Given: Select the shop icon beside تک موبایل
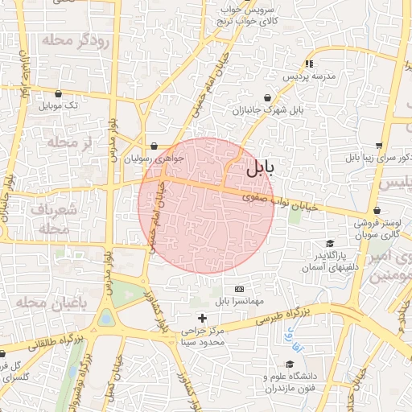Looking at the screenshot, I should tap(59, 94).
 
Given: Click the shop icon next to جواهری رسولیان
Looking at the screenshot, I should tap(154, 146).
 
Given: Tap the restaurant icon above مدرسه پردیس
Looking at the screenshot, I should tap(308, 63).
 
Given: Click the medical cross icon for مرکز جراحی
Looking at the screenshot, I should tap(202, 319).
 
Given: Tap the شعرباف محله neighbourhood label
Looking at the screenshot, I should tap(56, 219).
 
